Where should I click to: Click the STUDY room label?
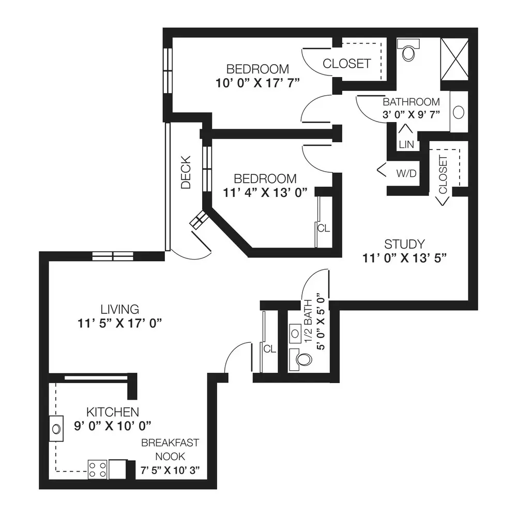[x=404, y=245]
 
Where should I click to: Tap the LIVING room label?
[x=120, y=309]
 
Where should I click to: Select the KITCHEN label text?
[x=112, y=412]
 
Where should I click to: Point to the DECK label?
[x=186, y=172]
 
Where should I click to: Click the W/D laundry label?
[x=406, y=173]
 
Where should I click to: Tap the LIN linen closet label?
[x=406, y=144]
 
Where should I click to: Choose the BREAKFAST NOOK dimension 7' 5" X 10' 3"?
[x=170, y=470]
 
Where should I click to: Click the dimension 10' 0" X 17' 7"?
[x=257, y=83]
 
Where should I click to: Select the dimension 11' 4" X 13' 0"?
[x=265, y=192]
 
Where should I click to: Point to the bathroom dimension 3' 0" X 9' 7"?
[x=411, y=114]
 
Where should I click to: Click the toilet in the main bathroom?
[x=408, y=50]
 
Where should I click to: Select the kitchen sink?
[x=56, y=429]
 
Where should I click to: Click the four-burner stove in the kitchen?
[x=98, y=469]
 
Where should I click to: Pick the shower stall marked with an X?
[x=454, y=59]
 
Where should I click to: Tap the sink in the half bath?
[x=295, y=333]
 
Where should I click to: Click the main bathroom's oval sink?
[x=459, y=112]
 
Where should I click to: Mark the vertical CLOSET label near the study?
[x=443, y=175]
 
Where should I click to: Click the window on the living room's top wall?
[x=113, y=256]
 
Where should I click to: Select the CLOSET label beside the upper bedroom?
[x=346, y=64]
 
